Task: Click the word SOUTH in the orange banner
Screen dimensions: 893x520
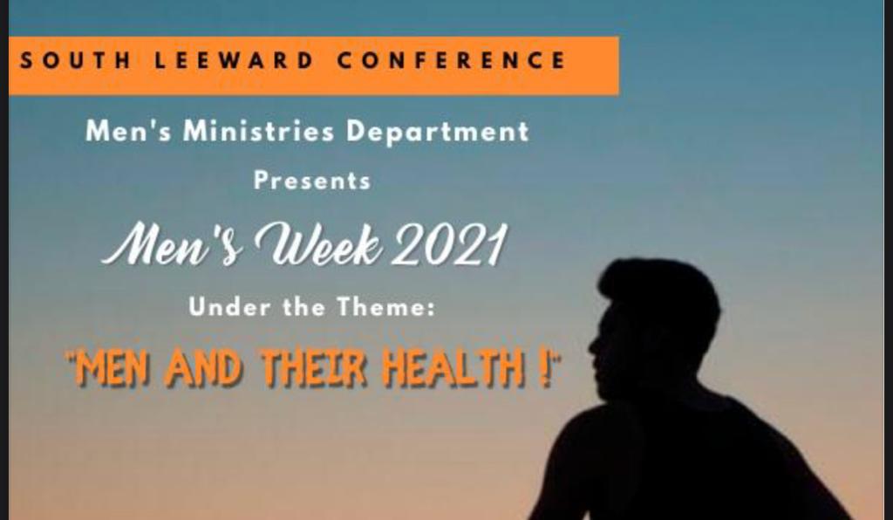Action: click(75, 60)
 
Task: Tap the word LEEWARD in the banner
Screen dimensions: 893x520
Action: click(234, 60)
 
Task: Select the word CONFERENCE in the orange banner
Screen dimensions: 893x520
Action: click(451, 60)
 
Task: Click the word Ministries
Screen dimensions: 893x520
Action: click(258, 132)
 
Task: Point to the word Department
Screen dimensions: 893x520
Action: click(438, 133)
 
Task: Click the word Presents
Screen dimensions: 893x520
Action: click(312, 181)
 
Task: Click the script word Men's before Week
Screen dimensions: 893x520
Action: click(173, 245)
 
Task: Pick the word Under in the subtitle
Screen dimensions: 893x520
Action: click(229, 307)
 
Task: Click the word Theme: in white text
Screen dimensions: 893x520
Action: click(385, 307)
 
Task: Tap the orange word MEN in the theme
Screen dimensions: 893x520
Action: click(113, 368)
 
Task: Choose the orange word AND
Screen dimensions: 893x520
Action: click(203, 368)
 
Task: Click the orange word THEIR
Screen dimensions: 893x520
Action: click(314, 368)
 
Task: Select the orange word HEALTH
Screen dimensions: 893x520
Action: click(454, 368)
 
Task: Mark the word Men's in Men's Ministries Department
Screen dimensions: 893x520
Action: click(127, 132)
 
